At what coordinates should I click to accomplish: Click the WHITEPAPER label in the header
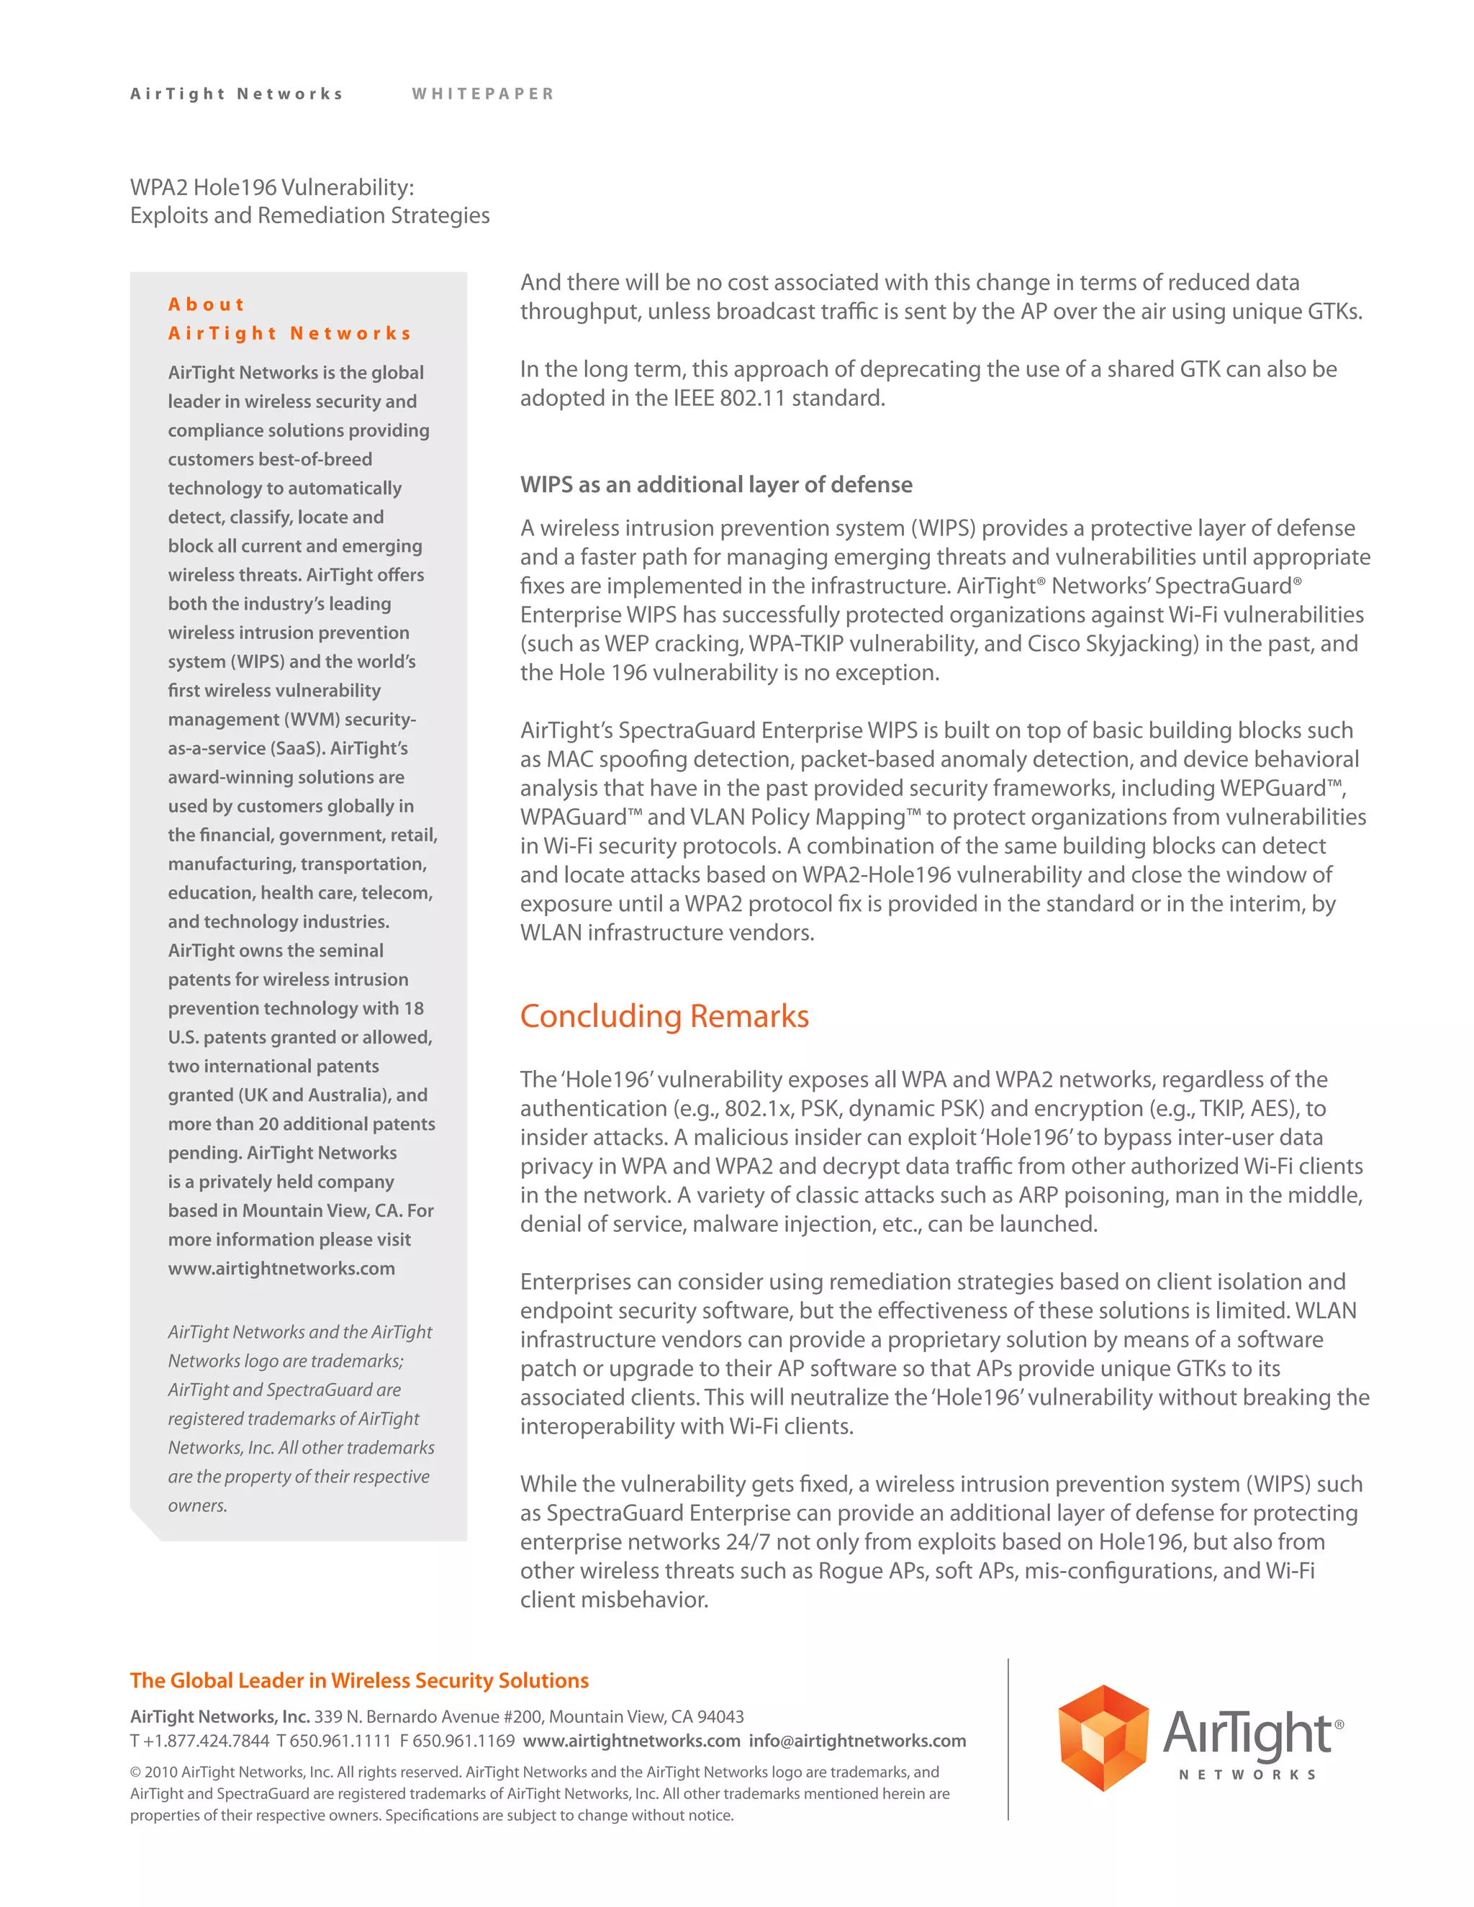tap(483, 94)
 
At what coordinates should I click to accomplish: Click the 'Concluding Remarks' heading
tap(664, 1016)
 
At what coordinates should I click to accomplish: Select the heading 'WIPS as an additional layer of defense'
tap(716, 484)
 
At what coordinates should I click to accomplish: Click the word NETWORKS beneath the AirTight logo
tap(1247, 1775)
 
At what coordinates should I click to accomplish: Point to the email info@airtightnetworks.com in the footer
tap(856, 1740)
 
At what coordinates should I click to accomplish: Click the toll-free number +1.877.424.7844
tap(206, 1740)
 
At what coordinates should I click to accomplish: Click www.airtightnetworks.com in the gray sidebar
tap(281, 1268)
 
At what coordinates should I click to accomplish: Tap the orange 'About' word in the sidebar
tap(206, 304)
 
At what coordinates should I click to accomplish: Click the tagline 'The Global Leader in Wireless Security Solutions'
tap(359, 1680)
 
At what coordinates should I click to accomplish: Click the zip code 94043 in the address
tap(720, 1716)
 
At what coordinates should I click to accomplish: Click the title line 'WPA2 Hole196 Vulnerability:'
tap(271, 187)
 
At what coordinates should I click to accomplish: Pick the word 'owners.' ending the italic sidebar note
tap(197, 1505)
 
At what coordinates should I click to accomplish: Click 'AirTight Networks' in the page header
tap(237, 94)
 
